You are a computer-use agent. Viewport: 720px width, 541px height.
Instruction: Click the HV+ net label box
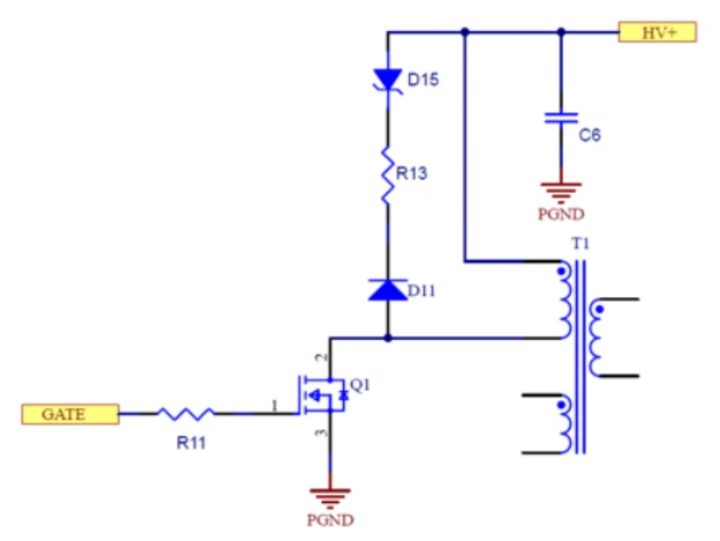click(x=657, y=32)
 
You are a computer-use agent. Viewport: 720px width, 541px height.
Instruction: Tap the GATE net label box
click(x=70, y=414)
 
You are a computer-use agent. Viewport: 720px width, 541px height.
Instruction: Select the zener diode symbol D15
click(x=387, y=79)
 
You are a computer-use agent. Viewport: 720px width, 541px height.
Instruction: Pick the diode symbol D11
click(x=387, y=290)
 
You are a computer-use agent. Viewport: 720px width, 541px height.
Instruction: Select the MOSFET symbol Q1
click(x=324, y=395)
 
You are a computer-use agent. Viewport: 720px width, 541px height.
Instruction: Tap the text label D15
click(x=424, y=80)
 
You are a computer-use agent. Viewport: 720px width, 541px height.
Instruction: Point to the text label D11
click(x=422, y=290)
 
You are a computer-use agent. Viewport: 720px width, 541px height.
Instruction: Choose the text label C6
click(x=590, y=135)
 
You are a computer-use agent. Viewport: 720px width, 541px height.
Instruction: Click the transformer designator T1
click(x=580, y=244)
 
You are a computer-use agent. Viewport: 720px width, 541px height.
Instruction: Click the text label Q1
click(x=360, y=384)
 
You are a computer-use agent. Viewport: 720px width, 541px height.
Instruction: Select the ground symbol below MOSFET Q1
click(x=330, y=494)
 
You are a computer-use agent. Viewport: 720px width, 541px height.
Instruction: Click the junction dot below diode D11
click(x=387, y=337)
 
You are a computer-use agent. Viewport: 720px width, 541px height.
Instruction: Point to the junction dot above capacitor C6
click(x=560, y=32)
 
